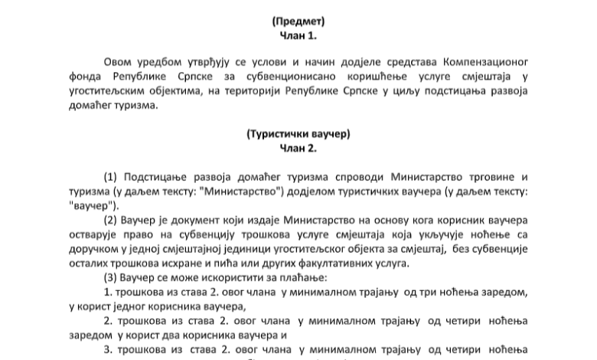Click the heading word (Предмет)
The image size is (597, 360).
pos(298,21)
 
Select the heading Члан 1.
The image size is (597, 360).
pos(298,35)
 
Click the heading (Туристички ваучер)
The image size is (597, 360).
pos(298,134)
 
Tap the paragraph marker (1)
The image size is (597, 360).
pos(110,177)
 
